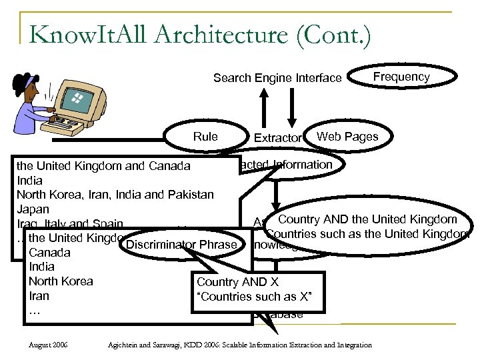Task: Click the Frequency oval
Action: [x=401, y=77]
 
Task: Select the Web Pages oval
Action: [x=347, y=137]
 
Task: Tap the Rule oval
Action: [x=205, y=137]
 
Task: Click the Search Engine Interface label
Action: [x=277, y=79]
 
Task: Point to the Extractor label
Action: [x=277, y=138]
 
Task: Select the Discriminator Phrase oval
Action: [x=181, y=245]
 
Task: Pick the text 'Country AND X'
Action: [x=238, y=282]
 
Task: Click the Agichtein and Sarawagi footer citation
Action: [x=240, y=345]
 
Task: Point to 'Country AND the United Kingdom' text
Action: [x=367, y=219]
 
